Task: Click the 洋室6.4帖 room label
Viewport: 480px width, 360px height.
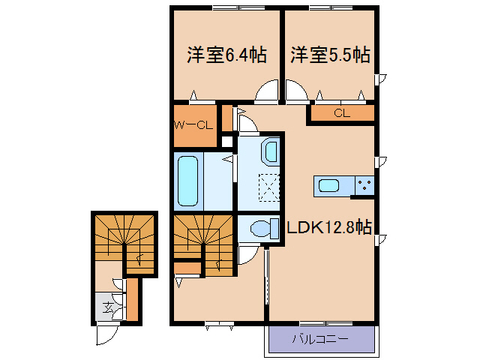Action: [226, 55]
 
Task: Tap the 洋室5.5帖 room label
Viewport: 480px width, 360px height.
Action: [330, 55]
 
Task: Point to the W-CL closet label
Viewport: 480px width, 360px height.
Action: [194, 124]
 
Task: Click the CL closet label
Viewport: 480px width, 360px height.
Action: [342, 114]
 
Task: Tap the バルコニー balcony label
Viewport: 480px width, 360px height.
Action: [319, 339]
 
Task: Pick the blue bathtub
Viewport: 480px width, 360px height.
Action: [188, 181]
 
